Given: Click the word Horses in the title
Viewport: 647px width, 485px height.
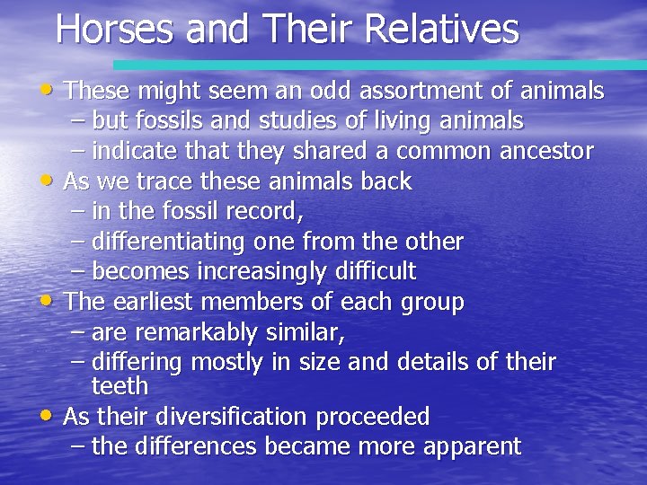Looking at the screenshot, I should coord(113,29).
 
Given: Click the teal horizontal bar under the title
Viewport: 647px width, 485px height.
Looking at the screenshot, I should coord(377,65).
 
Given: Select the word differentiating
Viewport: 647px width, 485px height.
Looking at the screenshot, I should coord(169,242).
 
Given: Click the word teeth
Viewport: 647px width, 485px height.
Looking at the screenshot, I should coord(120,386).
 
